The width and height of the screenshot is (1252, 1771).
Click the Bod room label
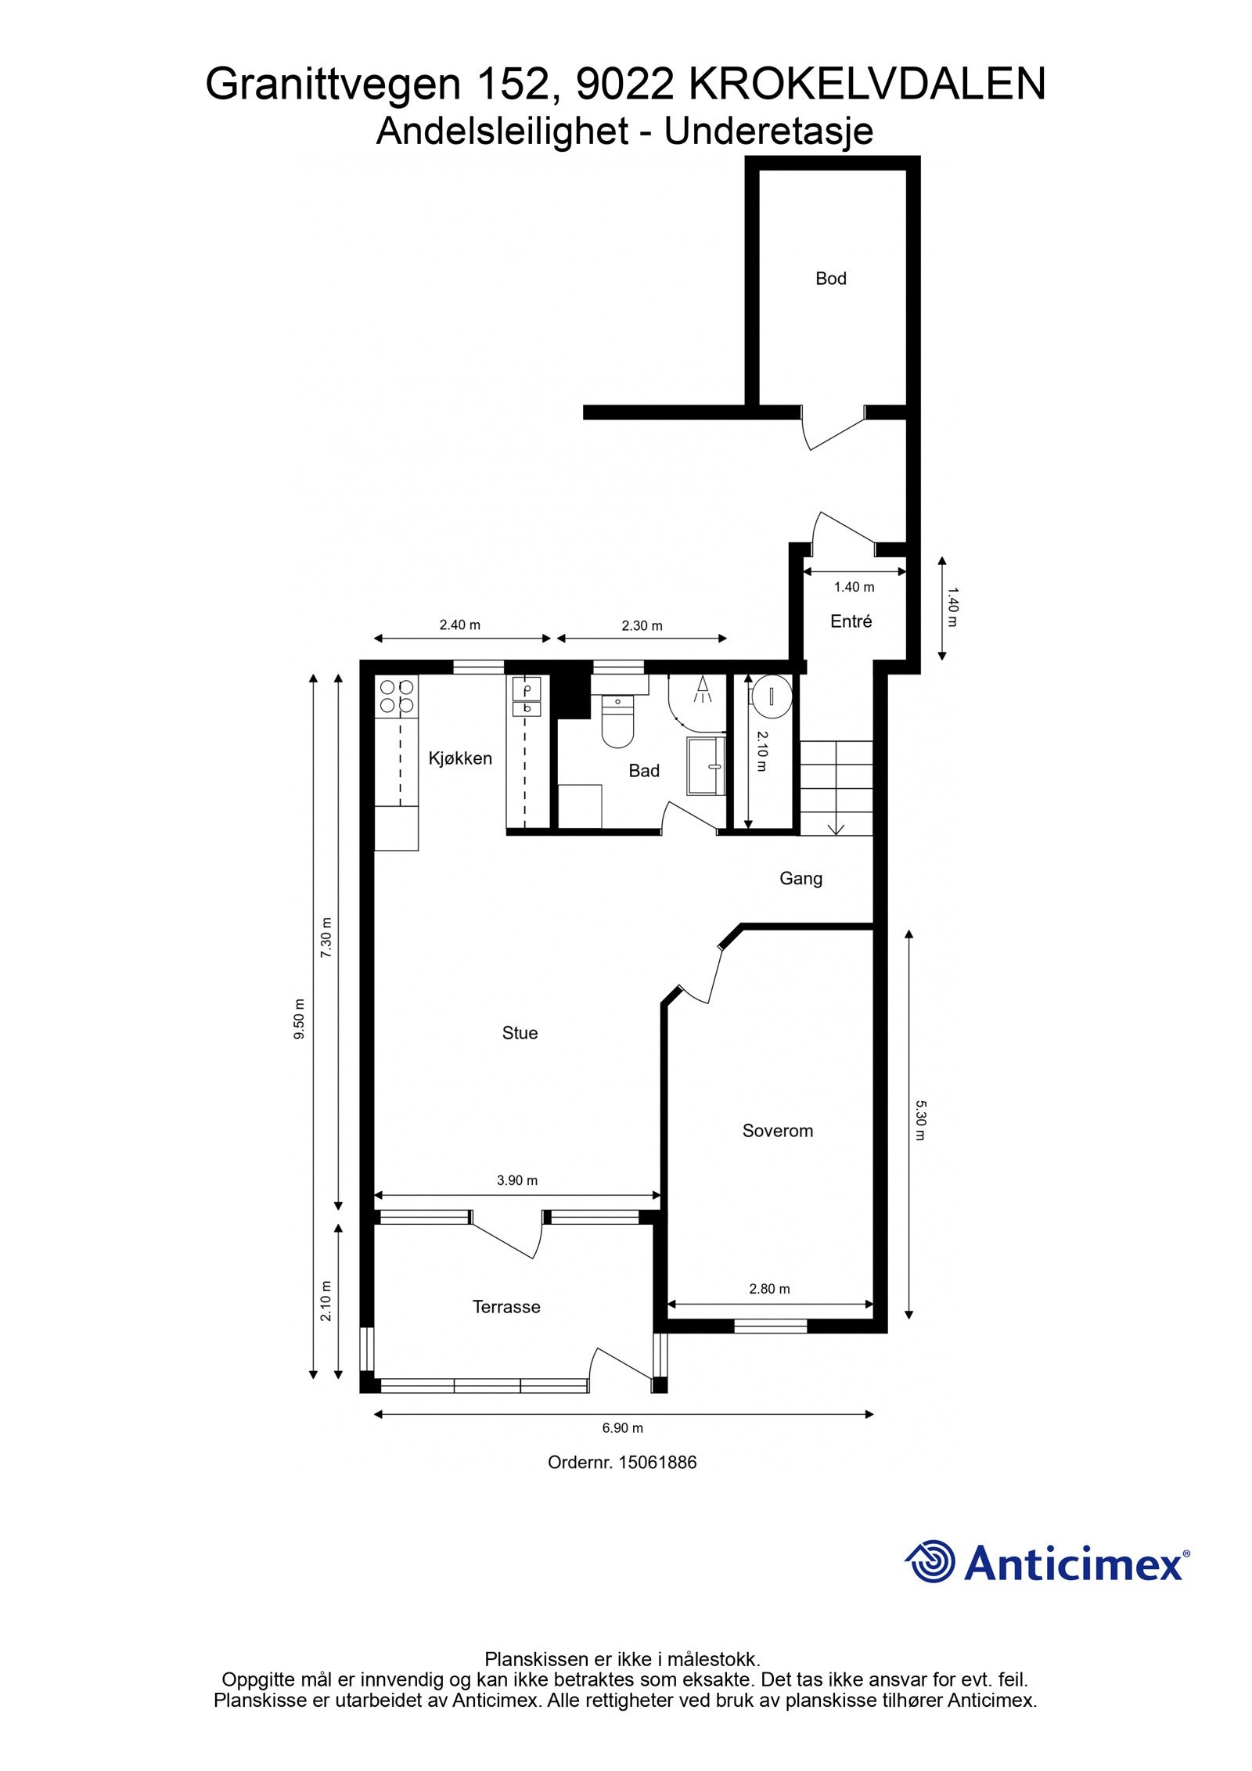830,279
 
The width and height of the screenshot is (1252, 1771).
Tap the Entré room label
851,621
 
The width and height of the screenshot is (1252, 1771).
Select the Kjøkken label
460,758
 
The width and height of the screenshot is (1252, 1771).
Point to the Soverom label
777,1131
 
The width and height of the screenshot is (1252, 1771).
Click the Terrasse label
506,1307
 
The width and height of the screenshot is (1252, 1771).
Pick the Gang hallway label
800,879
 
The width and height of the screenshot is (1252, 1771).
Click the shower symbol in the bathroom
702,688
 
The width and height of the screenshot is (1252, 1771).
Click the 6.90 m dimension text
622,1428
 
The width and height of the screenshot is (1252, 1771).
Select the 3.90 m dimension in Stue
517,1180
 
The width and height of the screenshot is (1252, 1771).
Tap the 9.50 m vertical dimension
298,1019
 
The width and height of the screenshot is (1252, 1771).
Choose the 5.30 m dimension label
920,1121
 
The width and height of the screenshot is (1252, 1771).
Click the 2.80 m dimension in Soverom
769,1289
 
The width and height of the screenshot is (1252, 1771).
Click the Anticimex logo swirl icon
930,1561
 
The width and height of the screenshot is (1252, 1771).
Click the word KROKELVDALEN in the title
866,85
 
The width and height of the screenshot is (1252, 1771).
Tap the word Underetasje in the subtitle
768,131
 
